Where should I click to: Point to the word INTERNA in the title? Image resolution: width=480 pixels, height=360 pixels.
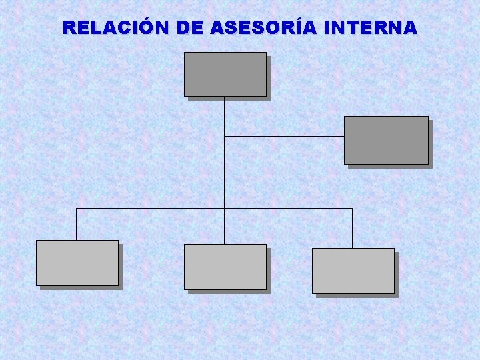tap(370, 28)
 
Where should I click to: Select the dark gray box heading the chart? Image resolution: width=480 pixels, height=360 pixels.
tap(225, 74)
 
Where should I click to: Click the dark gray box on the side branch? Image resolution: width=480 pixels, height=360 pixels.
tap(386, 140)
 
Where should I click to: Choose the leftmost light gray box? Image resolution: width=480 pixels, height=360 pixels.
tap(77, 263)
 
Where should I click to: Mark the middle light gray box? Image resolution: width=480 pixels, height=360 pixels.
tap(225, 267)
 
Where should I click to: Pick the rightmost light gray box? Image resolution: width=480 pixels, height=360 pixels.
tap(353, 271)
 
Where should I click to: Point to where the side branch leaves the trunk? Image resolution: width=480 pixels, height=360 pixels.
tap(225, 136)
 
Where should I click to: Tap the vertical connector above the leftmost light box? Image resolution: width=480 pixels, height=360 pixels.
tap(76, 225)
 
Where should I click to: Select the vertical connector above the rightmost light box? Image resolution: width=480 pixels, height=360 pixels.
tap(352, 229)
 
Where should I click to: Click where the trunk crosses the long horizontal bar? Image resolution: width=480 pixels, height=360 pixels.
tap(225, 208)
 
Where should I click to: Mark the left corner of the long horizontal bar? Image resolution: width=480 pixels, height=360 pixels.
tap(76, 208)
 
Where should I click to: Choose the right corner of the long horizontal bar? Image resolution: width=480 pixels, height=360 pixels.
tap(352, 208)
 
